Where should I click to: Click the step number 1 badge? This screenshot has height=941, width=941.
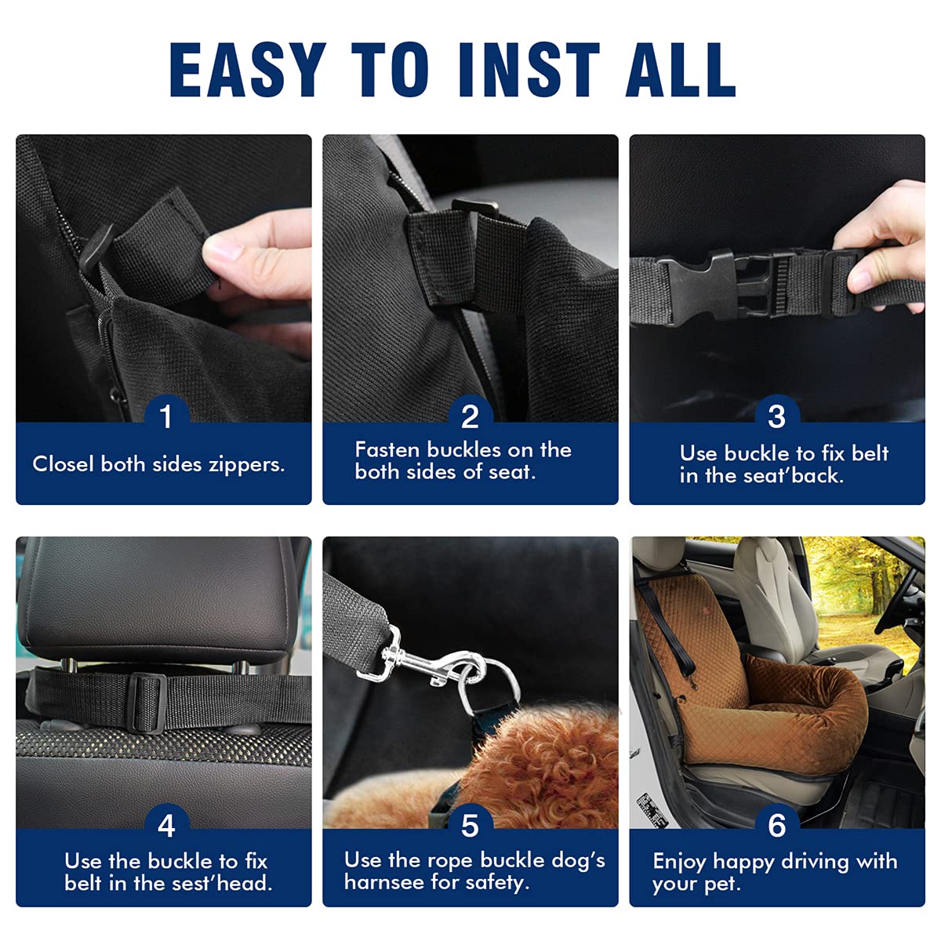165,416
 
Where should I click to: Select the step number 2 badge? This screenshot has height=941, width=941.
470,416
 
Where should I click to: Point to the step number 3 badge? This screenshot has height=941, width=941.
776,416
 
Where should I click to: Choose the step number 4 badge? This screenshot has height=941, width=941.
165,825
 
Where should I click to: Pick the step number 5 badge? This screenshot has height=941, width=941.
470,825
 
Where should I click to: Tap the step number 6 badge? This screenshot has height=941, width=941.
776,825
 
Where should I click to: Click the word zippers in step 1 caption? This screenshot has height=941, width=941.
246,464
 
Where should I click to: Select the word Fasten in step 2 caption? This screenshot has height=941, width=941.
388,450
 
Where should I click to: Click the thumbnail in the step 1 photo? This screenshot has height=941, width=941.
223,251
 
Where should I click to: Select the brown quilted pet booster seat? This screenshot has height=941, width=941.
753,690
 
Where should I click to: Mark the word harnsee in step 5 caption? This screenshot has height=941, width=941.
383,882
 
